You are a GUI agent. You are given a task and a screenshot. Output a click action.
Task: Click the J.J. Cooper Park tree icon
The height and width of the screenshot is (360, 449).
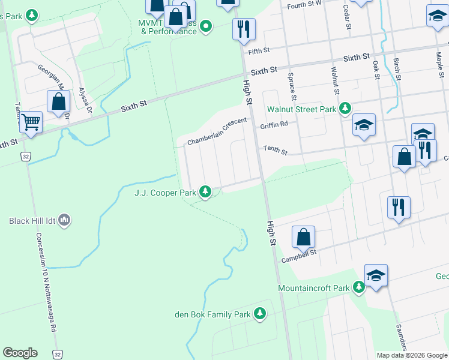tap(206, 192)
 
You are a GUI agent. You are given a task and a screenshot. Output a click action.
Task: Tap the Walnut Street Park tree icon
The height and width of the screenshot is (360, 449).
tap(345, 109)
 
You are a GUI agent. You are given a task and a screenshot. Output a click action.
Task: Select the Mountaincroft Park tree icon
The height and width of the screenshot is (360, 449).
tap(359, 288)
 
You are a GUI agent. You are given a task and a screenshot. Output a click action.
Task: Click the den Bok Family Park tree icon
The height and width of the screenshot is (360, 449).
tap(260, 314)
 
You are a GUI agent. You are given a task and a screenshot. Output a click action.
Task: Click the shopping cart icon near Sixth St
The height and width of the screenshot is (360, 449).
tap(31, 122)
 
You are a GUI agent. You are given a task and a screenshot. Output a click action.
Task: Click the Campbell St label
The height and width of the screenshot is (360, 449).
tap(299, 256)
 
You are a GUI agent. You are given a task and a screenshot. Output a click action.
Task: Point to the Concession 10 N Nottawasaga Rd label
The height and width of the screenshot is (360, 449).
tap(47, 282)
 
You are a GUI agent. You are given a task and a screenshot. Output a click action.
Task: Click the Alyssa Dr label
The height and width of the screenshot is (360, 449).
tap(85, 101)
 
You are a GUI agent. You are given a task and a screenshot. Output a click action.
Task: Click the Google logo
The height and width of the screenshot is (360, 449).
tap(20, 353)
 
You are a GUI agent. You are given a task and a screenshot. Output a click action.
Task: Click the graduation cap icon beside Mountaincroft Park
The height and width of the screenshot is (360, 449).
tap(376, 276)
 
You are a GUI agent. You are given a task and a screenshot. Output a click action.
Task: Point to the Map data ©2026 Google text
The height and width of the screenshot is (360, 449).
tap(411, 355)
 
